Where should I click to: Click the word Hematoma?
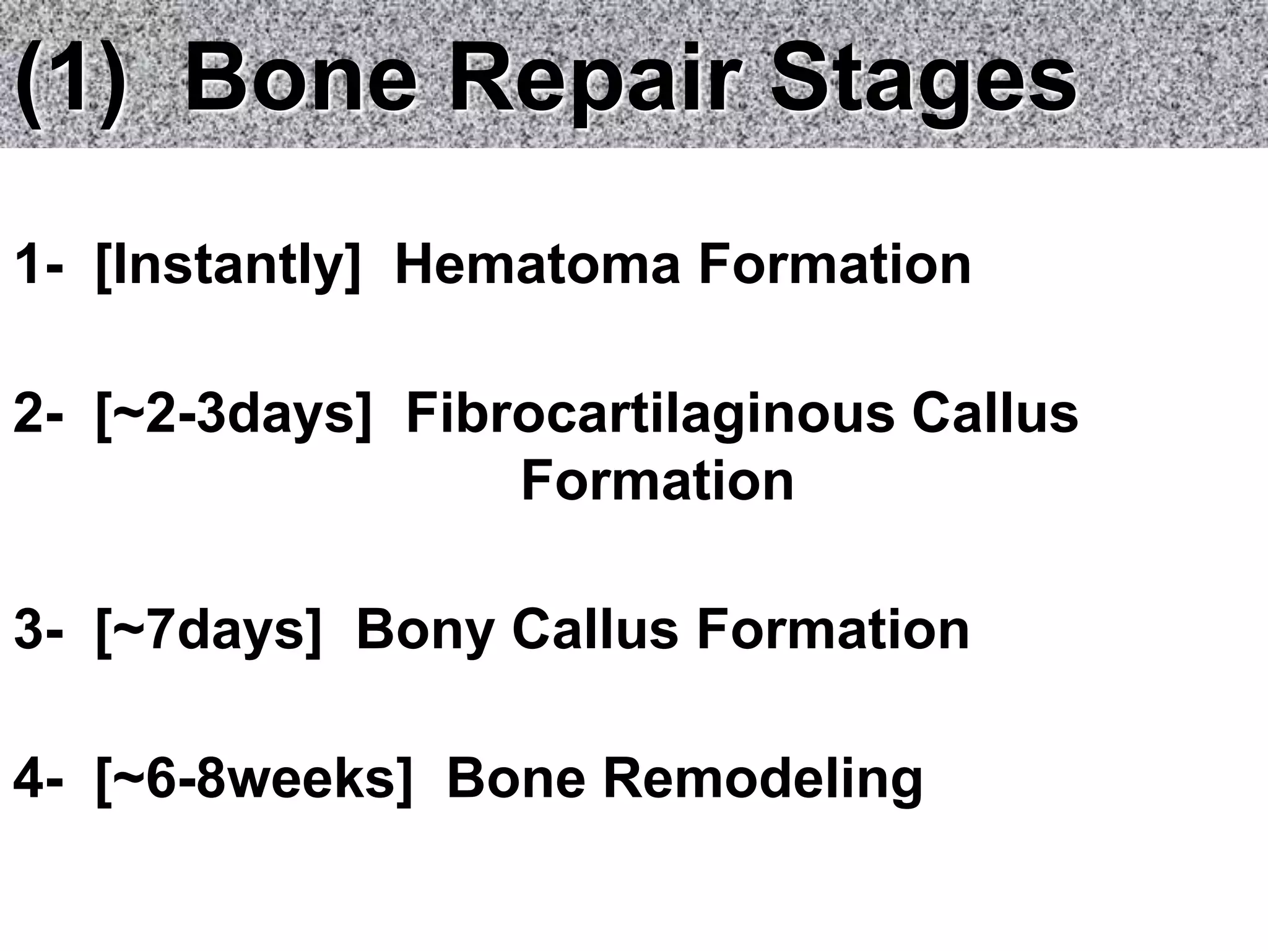(537, 265)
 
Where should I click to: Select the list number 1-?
(38, 265)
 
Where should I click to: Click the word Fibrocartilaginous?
(650, 414)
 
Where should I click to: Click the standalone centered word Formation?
(658, 482)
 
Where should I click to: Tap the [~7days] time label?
(209, 632)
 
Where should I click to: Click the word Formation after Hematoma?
(835, 265)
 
